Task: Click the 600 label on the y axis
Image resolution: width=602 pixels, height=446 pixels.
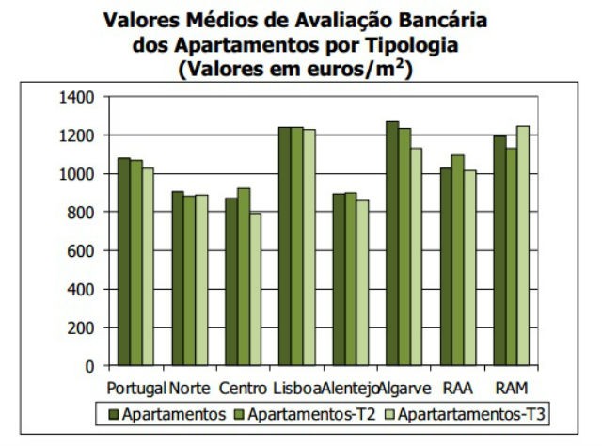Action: tap(82, 250)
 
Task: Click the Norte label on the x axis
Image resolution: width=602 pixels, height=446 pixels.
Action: tap(190, 388)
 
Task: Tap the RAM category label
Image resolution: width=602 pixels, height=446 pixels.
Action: tap(512, 388)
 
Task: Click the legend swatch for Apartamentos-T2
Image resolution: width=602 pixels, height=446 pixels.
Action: tap(239, 414)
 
